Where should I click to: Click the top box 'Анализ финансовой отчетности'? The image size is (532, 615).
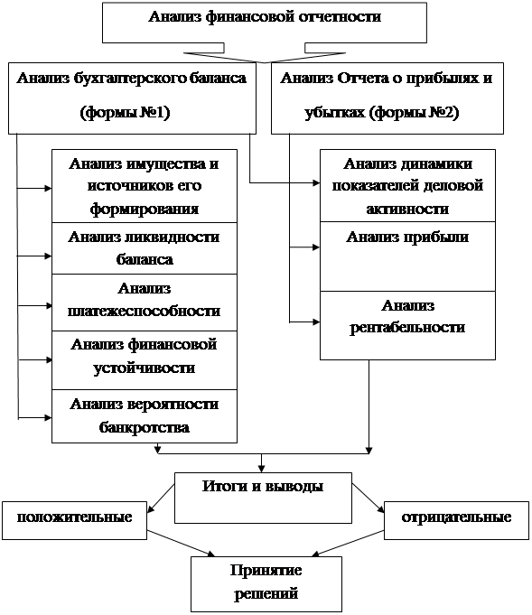(x=264, y=23)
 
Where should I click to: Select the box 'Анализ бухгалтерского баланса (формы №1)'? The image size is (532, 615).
(x=132, y=98)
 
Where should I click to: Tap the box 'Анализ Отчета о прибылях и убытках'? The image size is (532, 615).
(x=387, y=98)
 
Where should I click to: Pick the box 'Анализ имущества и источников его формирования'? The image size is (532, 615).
(x=145, y=186)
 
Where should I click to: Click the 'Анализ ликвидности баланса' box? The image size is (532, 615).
(x=145, y=248)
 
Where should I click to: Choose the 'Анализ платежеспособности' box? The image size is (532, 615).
(x=145, y=303)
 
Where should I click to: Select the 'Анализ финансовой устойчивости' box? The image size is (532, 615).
(x=145, y=360)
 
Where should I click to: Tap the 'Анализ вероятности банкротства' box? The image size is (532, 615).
(x=145, y=416)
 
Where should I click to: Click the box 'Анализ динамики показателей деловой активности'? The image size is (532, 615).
(x=407, y=185)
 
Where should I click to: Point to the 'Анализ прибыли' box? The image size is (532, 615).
(x=407, y=256)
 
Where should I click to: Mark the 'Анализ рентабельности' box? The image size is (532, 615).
(x=407, y=325)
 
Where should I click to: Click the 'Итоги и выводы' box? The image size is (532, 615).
(x=263, y=498)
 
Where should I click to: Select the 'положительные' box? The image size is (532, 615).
(x=74, y=520)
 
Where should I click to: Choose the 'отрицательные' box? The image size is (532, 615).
(x=456, y=520)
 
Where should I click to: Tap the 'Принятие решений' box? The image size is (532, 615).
(x=266, y=584)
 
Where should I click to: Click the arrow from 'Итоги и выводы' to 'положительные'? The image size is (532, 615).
(x=161, y=499)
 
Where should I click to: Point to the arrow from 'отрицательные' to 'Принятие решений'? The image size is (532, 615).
(x=348, y=544)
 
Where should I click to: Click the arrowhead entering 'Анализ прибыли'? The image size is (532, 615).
(x=316, y=247)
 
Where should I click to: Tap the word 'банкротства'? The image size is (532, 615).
(x=144, y=427)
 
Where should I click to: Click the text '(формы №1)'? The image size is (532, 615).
(x=125, y=113)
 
